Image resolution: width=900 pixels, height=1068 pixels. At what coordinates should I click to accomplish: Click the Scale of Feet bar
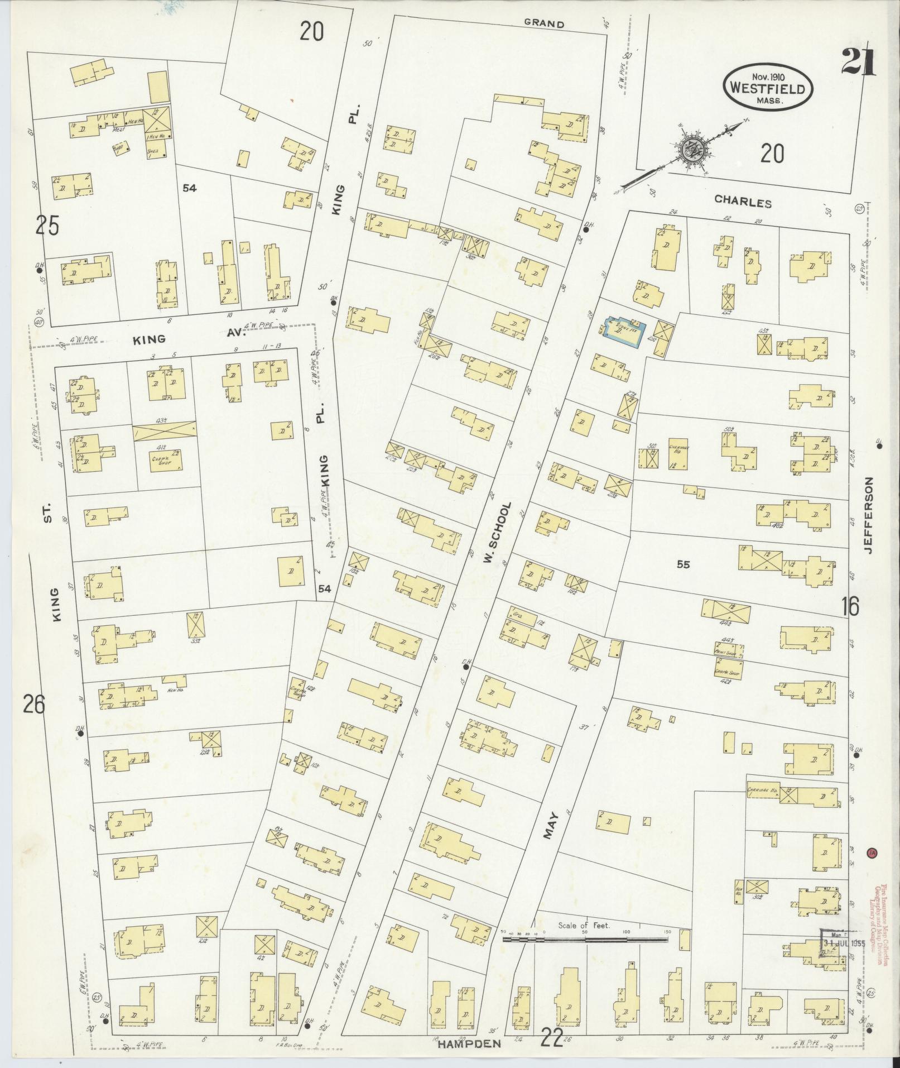(585, 939)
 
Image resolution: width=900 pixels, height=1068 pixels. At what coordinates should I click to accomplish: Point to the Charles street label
(743, 203)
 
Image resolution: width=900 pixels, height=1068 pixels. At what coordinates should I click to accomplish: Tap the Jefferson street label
(869, 515)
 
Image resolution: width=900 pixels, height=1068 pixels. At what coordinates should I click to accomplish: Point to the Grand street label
(543, 24)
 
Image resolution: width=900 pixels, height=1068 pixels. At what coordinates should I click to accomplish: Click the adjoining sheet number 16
(851, 606)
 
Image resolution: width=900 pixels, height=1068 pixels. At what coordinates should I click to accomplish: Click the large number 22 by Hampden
(552, 1040)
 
